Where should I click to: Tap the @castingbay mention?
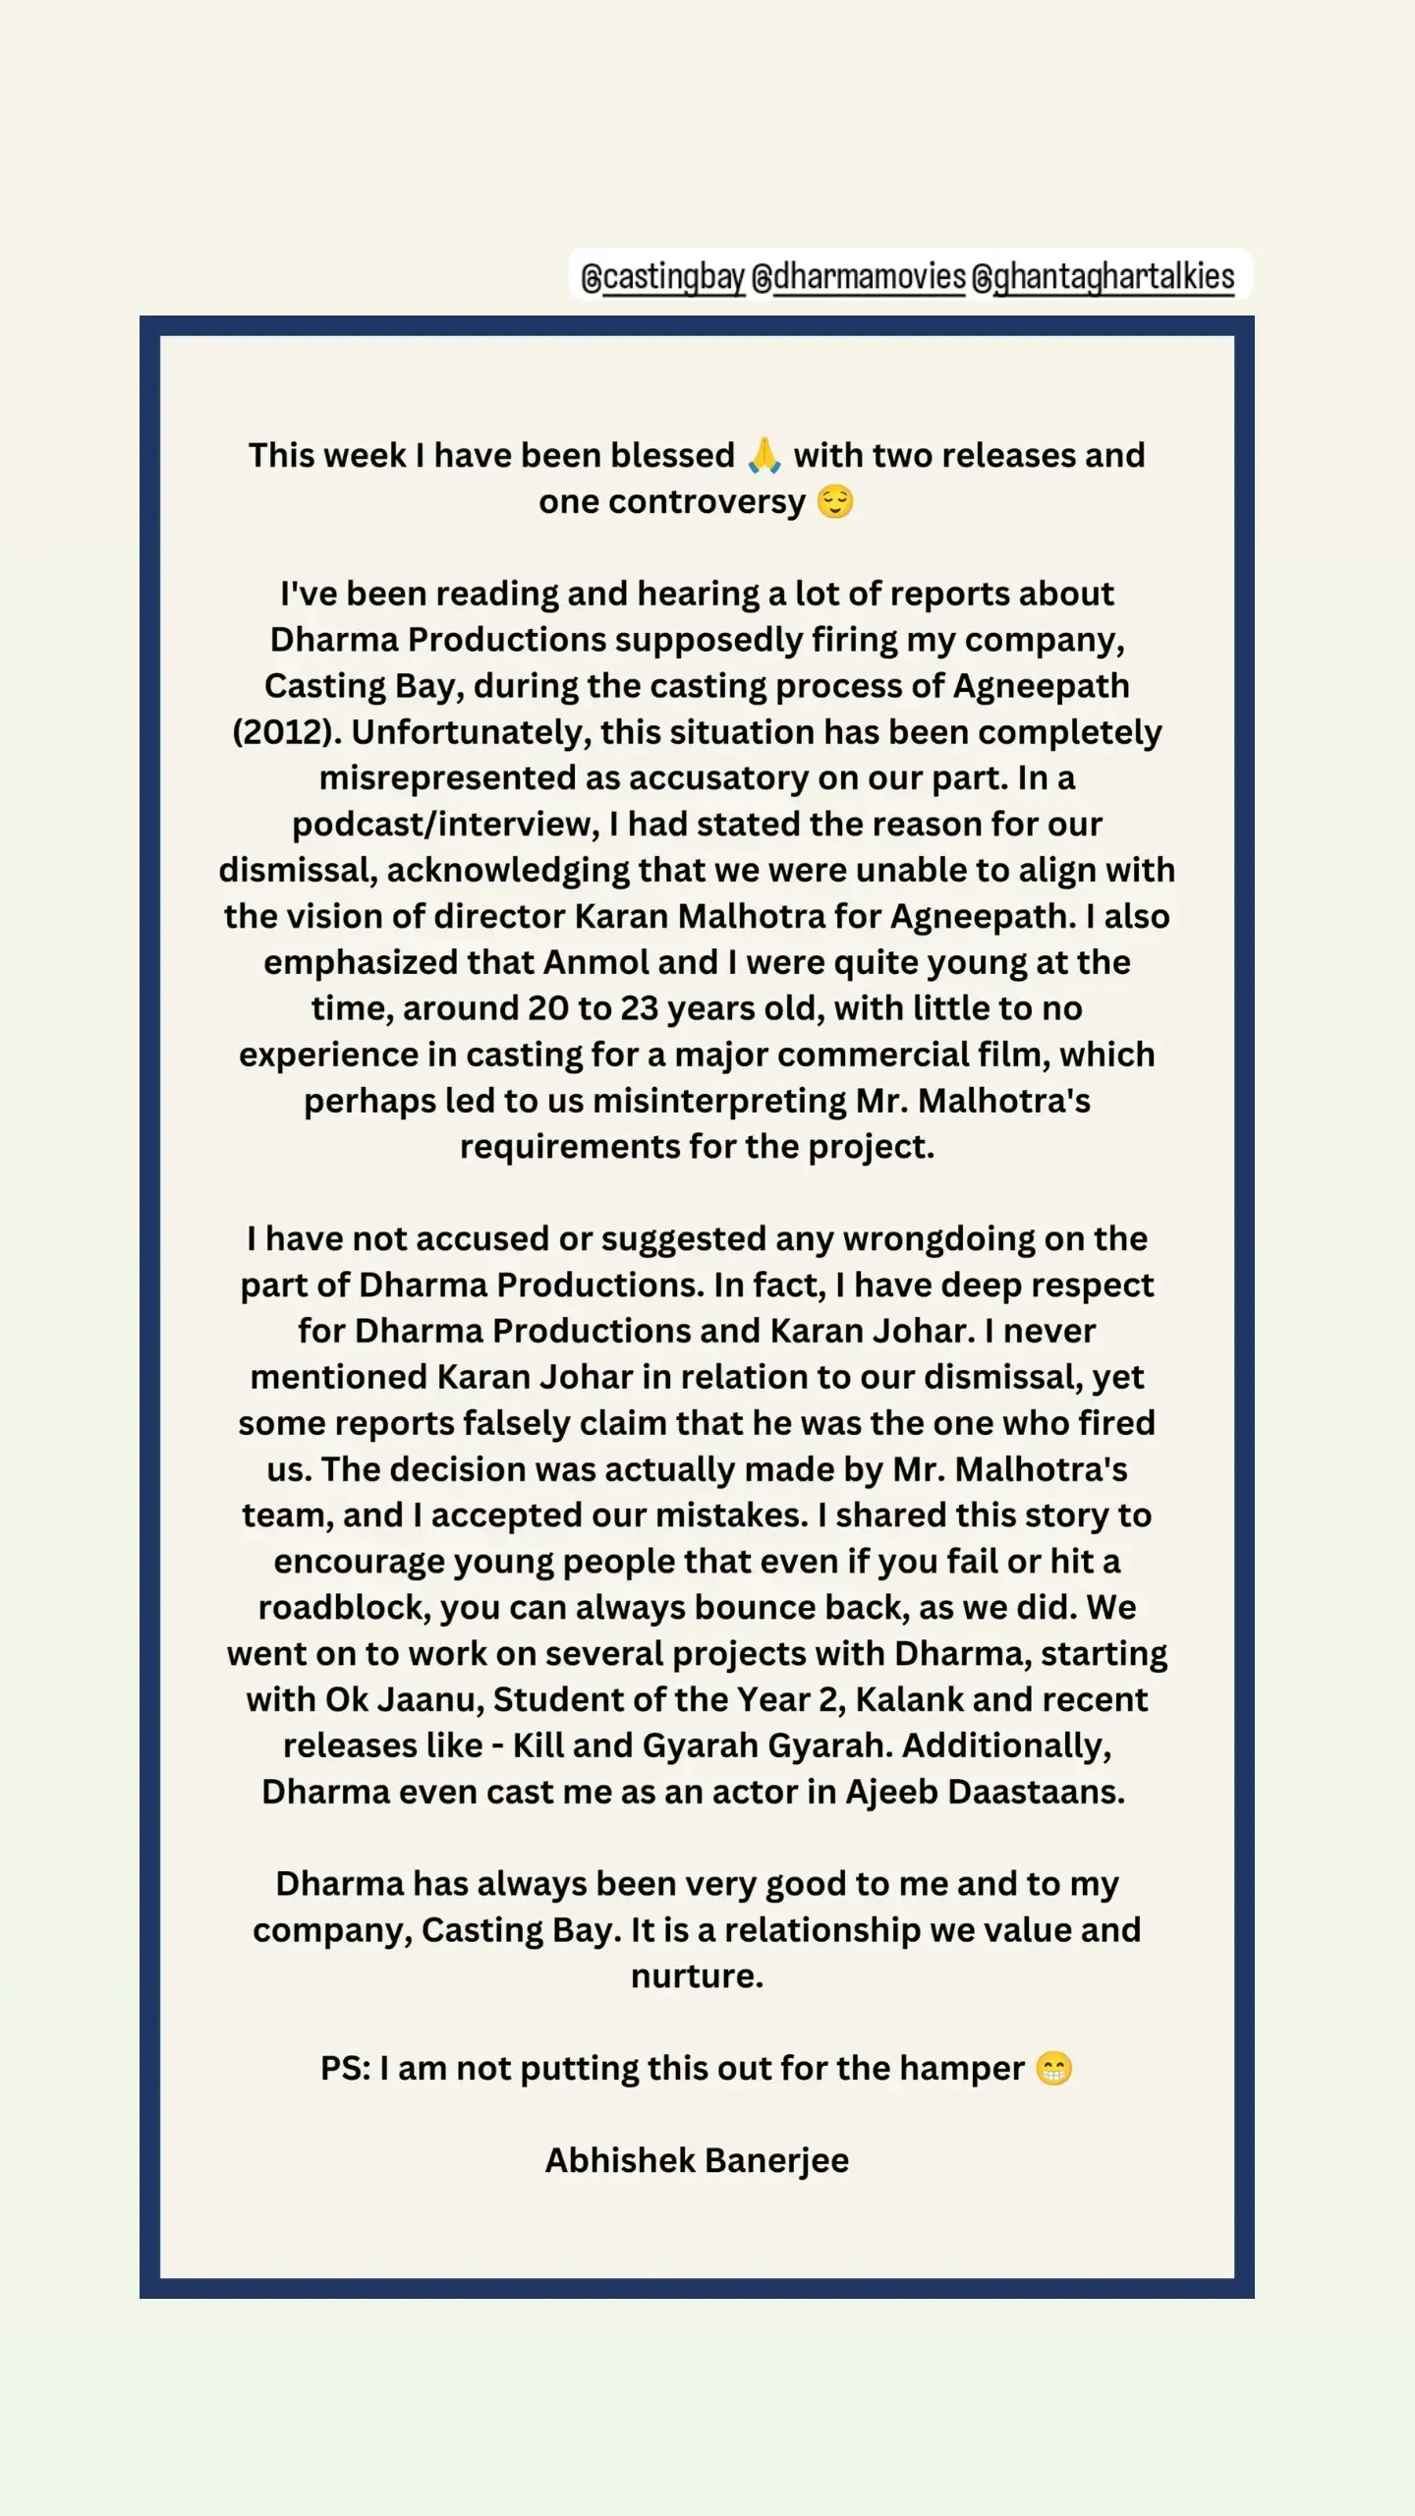[663, 277]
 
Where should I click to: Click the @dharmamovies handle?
[859, 277]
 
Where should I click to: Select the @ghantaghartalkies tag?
[1103, 277]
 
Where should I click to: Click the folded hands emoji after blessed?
[764, 455]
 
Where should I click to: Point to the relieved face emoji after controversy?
[835, 501]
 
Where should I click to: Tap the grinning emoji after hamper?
[1054, 2069]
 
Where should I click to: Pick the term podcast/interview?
[445, 825]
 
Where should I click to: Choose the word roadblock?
[344, 1608]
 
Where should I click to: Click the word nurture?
[696, 1976]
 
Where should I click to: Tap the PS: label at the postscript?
[345, 2069]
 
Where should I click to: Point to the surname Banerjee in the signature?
[776, 2161]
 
